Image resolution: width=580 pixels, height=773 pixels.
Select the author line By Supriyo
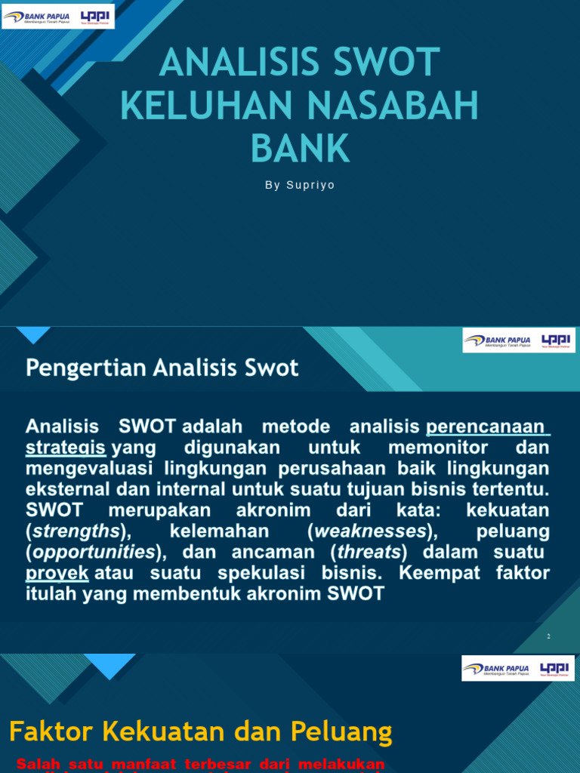coord(300,185)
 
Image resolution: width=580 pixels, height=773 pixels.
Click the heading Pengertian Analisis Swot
coord(162,368)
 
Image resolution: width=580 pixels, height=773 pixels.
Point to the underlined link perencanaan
coord(487,427)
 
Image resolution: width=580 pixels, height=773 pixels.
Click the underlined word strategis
coord(65,448)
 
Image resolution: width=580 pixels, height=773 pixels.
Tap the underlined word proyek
coord(57,573)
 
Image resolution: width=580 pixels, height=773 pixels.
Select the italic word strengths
coord(76,531)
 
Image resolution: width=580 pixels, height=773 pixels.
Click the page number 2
coord(548,636)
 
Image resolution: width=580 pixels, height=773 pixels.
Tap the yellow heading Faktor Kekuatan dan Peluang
coord(200,731)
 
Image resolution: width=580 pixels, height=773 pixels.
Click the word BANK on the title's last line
coord(301,148)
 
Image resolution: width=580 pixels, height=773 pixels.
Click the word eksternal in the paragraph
coord(61,489)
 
